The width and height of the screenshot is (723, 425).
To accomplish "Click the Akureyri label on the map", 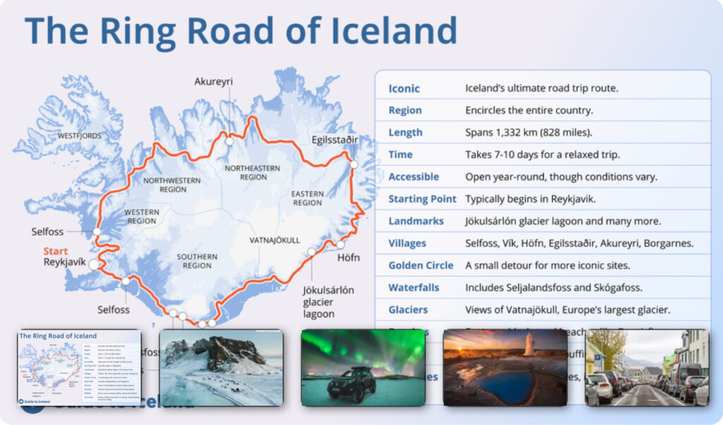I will (213, 82).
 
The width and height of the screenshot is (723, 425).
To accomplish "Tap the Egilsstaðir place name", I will (335, 140).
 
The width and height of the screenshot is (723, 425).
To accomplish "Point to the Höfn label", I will (346, 258).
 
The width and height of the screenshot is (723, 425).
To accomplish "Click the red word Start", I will (56, 251).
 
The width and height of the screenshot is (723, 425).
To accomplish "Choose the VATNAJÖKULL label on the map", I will (275, 241).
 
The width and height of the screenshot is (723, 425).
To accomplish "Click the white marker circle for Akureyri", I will (229, 141).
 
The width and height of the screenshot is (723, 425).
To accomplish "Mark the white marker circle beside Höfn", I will (340, 245).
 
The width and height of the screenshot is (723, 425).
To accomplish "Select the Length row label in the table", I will (405, 133).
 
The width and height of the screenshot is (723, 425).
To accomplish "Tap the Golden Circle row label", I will (421, 265).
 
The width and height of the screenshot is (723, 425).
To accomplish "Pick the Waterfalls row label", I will (414, 287).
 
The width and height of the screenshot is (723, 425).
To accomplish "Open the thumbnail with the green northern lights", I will (363, 367).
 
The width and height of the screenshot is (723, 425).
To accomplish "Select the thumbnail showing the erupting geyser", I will (505, 367).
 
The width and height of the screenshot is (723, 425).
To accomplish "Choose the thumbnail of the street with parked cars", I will (646, 367).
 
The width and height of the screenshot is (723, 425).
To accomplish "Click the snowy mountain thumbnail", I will (221, 367).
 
